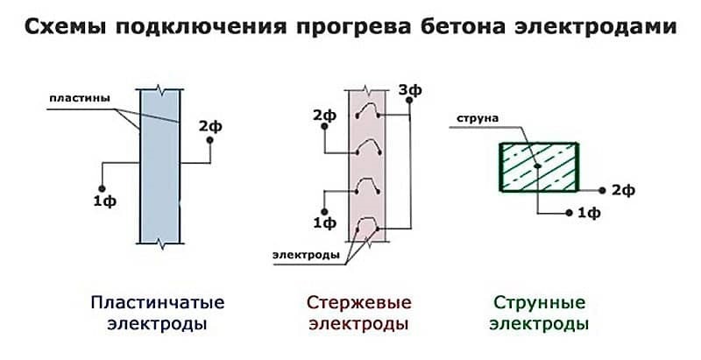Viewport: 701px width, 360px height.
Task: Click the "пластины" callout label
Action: click(x=78, y=98)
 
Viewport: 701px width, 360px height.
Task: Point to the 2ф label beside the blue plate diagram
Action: click(x=209, y=127)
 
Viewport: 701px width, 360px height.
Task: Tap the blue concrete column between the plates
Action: click(x=159, y=166)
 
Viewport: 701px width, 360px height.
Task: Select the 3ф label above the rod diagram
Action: click(x=407, y=89)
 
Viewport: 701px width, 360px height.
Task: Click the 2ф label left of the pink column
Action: click(x=323, y=116)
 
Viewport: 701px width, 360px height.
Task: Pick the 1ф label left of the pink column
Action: click(x=325, y=223)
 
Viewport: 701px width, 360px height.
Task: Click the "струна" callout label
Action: click(x=473, y=117)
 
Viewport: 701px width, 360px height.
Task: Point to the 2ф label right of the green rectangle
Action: click(x=622, y=190)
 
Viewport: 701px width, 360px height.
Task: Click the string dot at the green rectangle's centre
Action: click(x=536, y=166)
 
